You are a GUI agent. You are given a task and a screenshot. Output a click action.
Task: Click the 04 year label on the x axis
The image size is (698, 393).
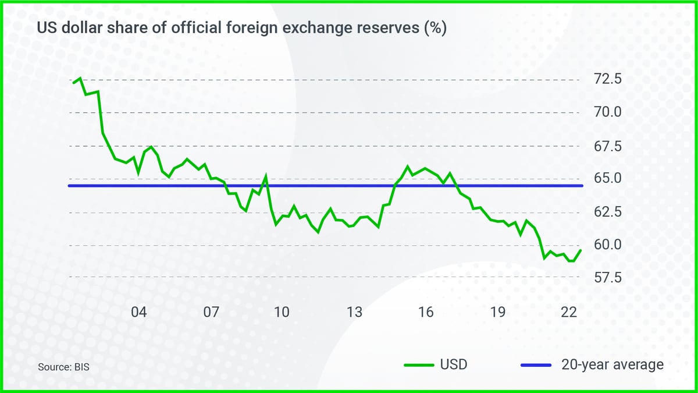(138, 312)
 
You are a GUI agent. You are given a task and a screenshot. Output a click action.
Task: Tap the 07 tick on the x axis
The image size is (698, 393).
(211, 312)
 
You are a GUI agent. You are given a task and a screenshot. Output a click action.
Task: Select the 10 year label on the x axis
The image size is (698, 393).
(282, 312)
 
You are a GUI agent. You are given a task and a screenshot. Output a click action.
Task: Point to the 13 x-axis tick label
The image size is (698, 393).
(354, 312)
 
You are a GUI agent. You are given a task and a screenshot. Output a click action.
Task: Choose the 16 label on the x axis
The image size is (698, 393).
(426, 312)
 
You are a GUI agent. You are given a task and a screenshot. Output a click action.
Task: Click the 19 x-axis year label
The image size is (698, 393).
(497, 312)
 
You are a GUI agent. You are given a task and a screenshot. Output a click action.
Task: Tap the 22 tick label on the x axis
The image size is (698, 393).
(569, 312)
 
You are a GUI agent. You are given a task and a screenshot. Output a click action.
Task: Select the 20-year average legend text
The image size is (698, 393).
(612, 365)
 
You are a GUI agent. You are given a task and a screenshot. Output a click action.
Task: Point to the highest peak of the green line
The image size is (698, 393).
(80, 77)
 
